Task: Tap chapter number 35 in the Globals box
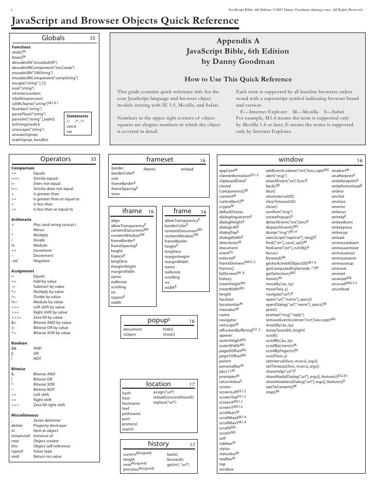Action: click(x=93, y=38)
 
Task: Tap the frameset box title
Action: click(x=160, y=160)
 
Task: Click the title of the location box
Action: click(x=158, y=385)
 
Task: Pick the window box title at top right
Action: click(x=291, y=160)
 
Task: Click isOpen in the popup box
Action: click(x=130, y=335)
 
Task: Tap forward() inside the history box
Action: click(x=175, y=459)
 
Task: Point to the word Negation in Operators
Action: click(x=42, y=261)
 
